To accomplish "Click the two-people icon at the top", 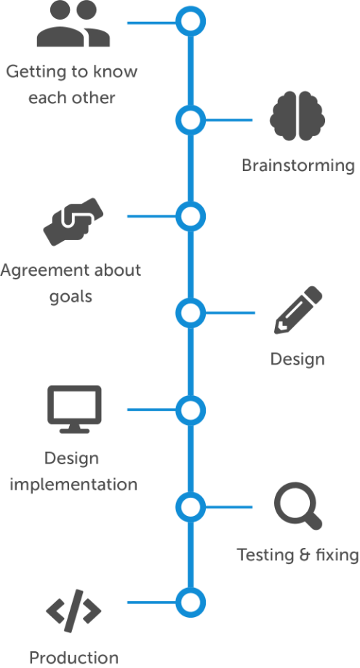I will [73, 25].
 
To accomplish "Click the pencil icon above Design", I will [298, 311].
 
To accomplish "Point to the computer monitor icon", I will [74, 409].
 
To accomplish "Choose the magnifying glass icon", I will [298, 507].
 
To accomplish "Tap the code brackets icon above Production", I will [73, 611].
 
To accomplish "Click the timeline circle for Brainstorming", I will [190, 119].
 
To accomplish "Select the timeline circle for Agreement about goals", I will [190, 216].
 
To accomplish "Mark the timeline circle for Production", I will [190, 603].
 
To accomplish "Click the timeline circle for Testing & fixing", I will [190, 506].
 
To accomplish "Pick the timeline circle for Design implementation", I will [190, 410].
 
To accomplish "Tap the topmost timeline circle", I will [190, 22].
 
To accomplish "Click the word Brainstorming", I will [298, 166].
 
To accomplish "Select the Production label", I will [73, 658].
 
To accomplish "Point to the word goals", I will [71, 297].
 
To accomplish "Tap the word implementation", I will [73, 484].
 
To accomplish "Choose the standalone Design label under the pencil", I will [297, 359].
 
